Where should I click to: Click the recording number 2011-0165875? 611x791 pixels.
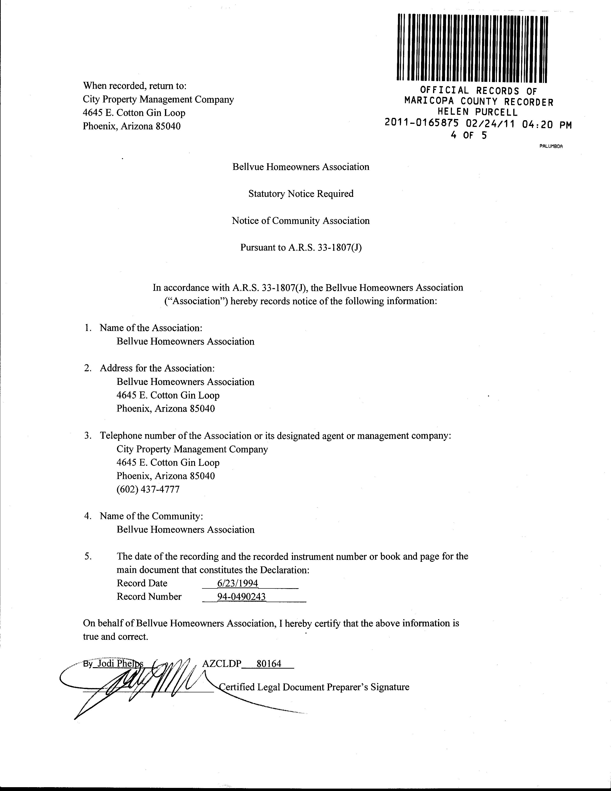pos(422,124)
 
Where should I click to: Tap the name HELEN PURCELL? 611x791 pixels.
pos(478,112)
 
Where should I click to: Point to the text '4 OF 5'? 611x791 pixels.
pos(469,135)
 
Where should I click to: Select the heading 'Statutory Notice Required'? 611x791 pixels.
pos(301,194)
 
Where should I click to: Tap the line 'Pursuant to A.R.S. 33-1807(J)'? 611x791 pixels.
pos(301,248)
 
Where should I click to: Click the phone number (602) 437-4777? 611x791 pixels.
pos(148,490)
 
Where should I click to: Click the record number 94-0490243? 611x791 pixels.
pos(241,597)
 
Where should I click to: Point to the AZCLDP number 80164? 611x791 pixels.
pos(269,664)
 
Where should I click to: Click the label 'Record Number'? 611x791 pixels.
pos(149,597)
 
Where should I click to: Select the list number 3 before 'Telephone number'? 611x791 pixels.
pos(88,436)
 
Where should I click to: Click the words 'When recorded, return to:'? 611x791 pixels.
pos(135,86)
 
